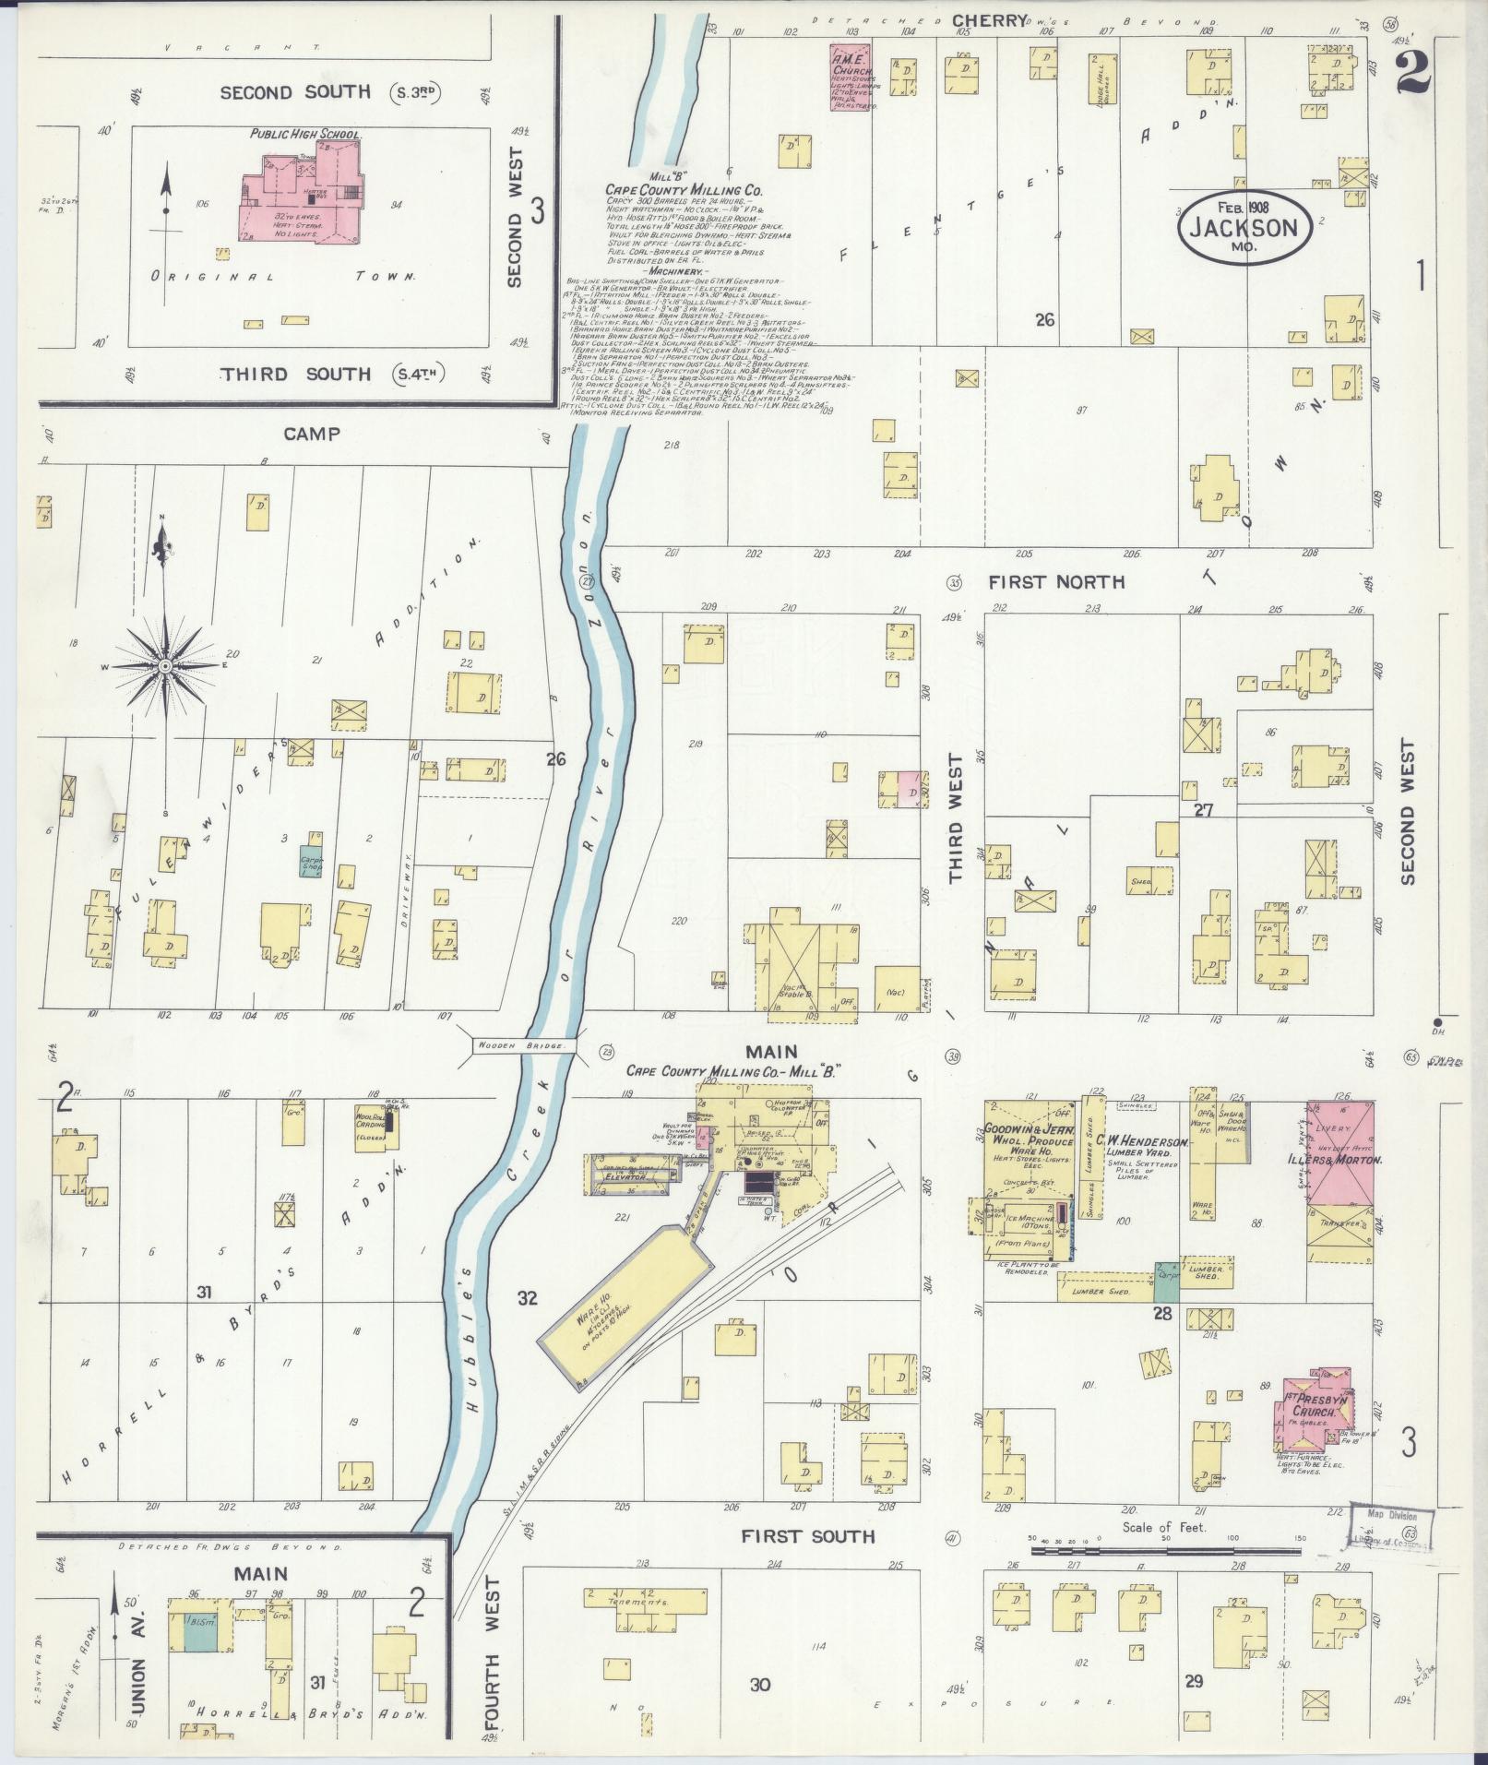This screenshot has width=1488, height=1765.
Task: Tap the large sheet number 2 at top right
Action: [x=1412, y=74]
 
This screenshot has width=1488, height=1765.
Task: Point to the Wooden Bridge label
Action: [x=524, y=1046]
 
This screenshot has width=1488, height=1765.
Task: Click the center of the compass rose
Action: [x=164, y=665]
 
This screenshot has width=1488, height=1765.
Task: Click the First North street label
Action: [x=1056, y=582]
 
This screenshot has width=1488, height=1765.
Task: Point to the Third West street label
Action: [x=955, y=818]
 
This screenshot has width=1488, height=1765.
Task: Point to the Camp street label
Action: [x=312, y=434]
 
